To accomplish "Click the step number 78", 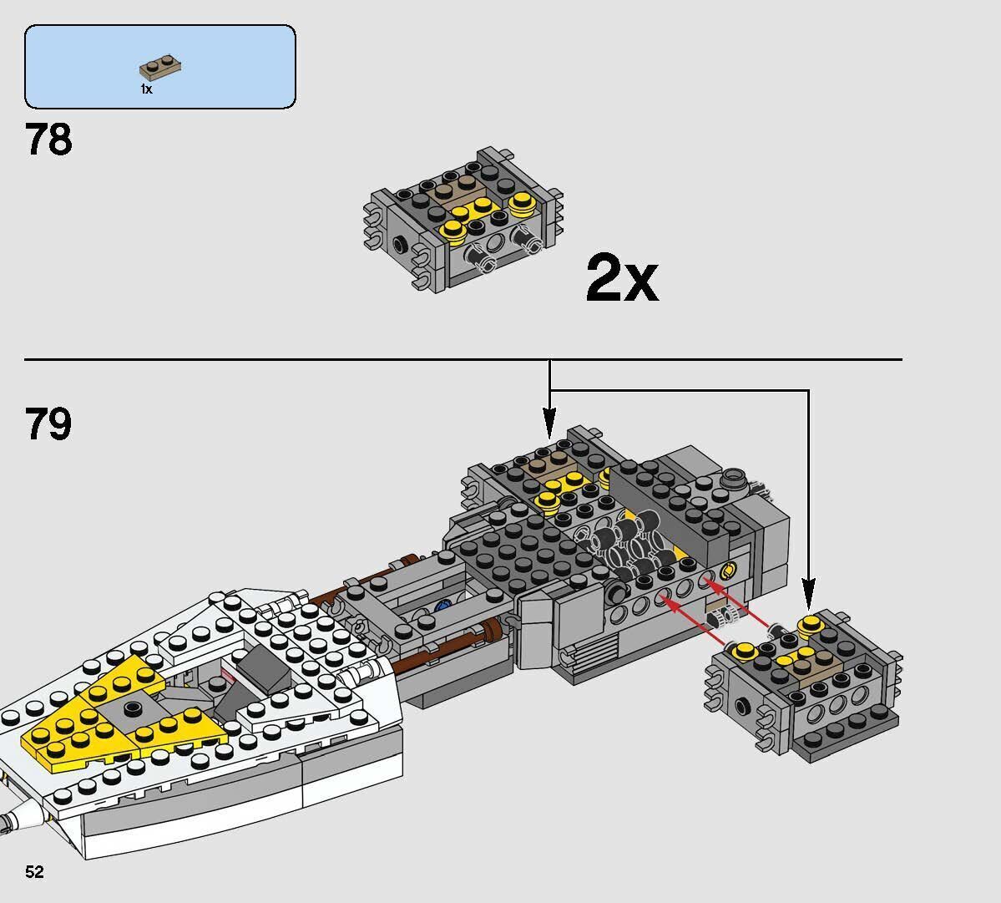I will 48,140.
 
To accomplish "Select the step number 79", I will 48,424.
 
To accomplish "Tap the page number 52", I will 34,872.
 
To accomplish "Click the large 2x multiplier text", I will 621,279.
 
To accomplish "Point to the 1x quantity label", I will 146,89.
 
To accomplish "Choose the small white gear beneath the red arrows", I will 722,617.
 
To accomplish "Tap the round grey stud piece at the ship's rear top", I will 733,479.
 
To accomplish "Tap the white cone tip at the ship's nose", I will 17,814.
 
